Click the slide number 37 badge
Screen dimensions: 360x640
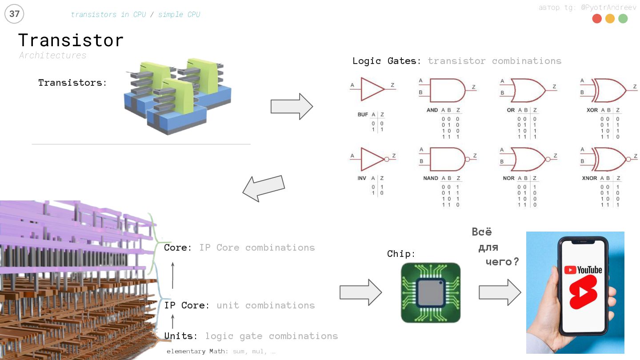(14, 14)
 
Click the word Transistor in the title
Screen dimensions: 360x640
(71, 40)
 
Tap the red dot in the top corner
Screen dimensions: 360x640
(597, 19)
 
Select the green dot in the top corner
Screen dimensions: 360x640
(623, 19)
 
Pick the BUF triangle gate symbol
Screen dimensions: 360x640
(372, 89)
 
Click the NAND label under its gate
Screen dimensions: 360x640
(431, 178)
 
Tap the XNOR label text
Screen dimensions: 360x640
(589, 178)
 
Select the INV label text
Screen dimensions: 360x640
(362, 178)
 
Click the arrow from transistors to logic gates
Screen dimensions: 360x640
(292, 107)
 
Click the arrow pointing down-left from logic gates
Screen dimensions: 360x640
(263, 188)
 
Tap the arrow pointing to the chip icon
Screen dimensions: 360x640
(360, 292)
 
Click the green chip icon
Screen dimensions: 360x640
(431, 292)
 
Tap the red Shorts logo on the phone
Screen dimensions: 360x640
(583, 292)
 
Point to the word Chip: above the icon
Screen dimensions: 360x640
(401, 254)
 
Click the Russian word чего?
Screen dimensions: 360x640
(502, 262)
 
